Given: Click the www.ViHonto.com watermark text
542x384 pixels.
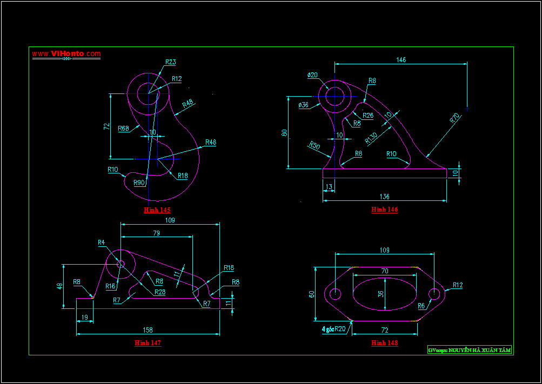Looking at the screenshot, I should [x=66, y=53].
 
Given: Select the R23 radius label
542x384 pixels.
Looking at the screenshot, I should [x=170, y=62].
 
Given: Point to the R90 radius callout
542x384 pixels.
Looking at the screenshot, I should [x=139, y=183].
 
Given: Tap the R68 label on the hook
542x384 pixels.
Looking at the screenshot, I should [x=123, y=129].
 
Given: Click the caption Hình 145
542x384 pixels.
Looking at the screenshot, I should [x=157, y=210].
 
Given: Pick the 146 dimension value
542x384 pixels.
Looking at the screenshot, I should [x=401, y=59].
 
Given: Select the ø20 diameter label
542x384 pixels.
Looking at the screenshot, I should [x=312, y=75].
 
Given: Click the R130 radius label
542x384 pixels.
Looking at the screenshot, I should [x=371, y=138].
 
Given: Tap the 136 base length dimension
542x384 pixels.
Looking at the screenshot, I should [x=384, y=197].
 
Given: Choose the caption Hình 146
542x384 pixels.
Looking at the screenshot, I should [x=384, y=210].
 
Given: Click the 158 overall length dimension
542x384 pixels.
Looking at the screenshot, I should [x=148, y=329].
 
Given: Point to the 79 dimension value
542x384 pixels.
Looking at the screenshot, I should [x=156, y=233].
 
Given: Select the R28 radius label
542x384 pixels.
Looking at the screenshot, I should [x=160, y=292].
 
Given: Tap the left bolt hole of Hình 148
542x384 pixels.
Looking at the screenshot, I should [x=336, y=294].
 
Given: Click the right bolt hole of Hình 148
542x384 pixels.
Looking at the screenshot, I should [x=434, y=294].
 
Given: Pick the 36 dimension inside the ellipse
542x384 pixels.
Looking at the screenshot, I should [x=380, y=294].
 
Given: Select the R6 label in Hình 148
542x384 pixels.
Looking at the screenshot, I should [x=421, y=306].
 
